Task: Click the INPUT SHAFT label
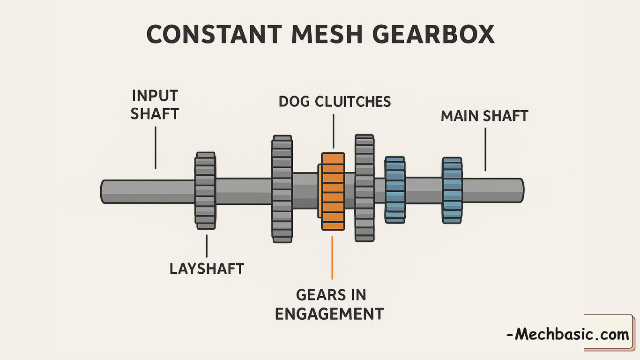pyautogui.click(x=155, y=105)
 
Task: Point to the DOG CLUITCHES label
pyautogui.click(x=335, y=101)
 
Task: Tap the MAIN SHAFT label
pyautogui.click(x=484, y=116)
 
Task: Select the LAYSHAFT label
pyautogui.click(x=207, y=269)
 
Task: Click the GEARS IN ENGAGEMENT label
pyautogui.click(x=329, y=304)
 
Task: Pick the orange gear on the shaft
pyautogui.click(x=333, y=191)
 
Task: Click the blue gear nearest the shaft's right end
pyautogui.click(x=452, y=190)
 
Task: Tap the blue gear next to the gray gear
pyautogui.click(x=395, y=190)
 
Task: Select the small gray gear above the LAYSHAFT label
pyautogui.click(x=205, y=190)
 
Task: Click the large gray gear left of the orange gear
pyautogui.click(x=282, y=189)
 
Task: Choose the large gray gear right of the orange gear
pyautogui.click(x=365, y=188)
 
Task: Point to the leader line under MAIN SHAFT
pyautogui.click(x=485, y=149)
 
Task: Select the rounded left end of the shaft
pyautogui.click(x=104, y=191)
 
